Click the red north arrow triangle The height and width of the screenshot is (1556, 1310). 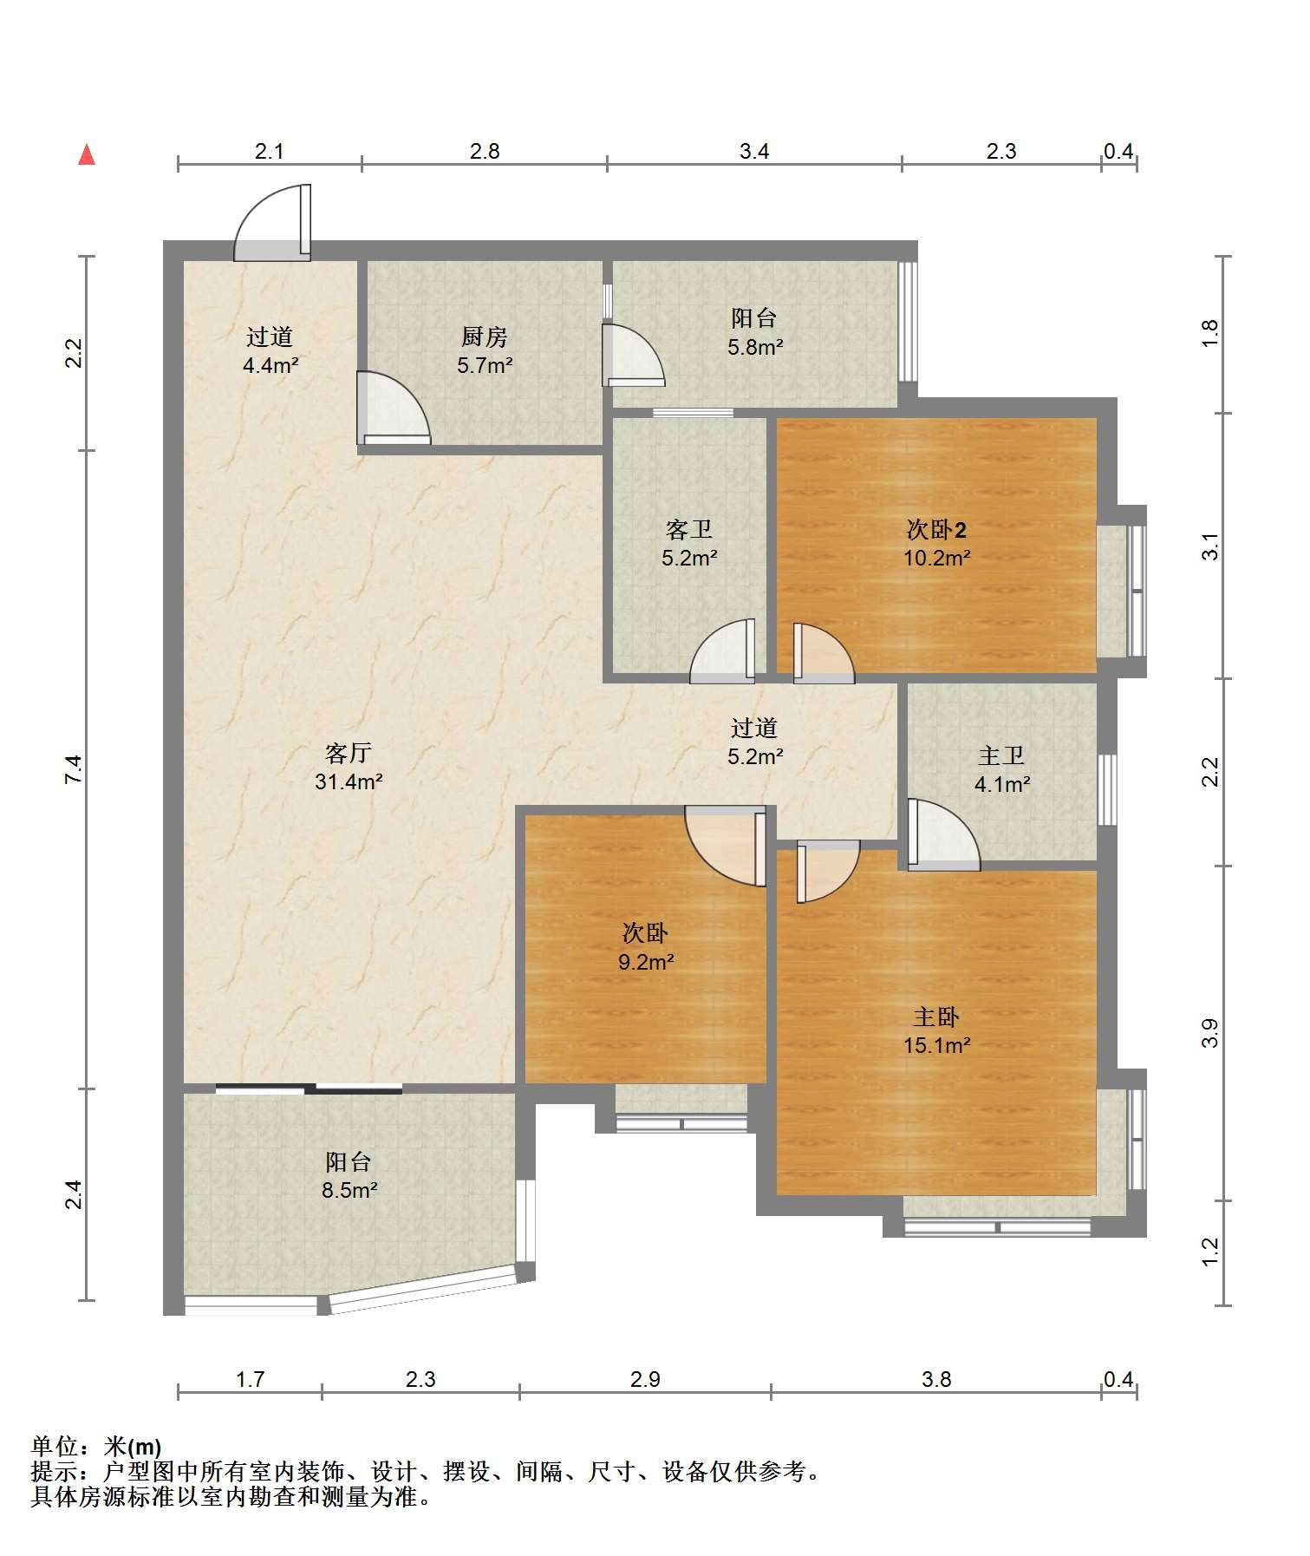87,154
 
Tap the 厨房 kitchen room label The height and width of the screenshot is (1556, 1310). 485,337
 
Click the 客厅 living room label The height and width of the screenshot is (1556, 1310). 349,753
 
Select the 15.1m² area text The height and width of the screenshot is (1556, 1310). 936,1045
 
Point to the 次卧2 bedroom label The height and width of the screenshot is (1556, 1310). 936,529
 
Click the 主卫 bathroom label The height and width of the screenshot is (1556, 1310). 1001,756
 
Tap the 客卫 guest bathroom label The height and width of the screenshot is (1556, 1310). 689,529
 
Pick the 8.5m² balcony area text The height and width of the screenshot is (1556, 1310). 349,1190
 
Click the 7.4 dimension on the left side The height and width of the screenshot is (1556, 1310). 75,770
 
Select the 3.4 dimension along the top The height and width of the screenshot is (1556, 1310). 754,151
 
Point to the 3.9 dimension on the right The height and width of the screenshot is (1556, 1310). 1210,1033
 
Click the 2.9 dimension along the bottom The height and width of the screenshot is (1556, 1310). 645,1379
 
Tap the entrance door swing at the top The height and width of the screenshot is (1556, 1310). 272,222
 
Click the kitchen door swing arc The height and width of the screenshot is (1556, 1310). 394,408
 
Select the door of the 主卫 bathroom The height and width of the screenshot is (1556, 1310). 944,834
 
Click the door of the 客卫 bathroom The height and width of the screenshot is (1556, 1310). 722,651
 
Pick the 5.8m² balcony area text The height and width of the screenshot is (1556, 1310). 755,347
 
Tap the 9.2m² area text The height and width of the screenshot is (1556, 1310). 646,962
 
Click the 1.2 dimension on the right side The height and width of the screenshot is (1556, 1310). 1210,1252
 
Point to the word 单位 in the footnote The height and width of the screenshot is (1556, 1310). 55,1447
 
